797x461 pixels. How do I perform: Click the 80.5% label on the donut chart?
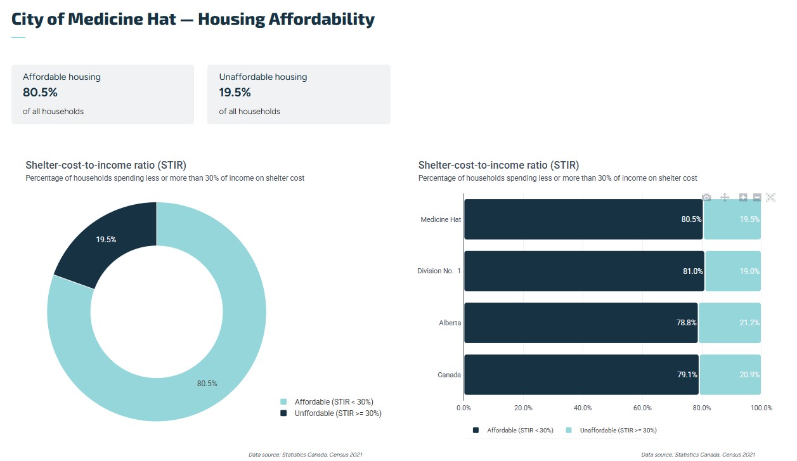tap(207, 384)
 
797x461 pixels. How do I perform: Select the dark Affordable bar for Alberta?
tap(580, 323)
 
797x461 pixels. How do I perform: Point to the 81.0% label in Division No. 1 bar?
tap(692, 271)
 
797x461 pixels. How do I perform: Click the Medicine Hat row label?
tap(441, 219)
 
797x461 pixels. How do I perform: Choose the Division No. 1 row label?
tap(439, 271)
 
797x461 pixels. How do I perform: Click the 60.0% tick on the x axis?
tap(642, 408)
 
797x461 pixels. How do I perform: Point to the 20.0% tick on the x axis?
tap(523, 408)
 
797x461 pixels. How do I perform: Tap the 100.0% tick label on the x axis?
tap(761, 408)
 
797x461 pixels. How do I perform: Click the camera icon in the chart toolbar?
tap(707, 197)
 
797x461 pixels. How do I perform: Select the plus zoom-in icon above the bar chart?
tap(743, 197)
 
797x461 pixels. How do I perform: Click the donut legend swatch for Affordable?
tap(283, 402)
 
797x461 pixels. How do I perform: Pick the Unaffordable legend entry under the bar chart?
tap(611, 431)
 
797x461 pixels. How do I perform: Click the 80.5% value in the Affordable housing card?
tap(41, 93)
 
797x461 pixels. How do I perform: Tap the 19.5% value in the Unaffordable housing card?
tap(235, 93)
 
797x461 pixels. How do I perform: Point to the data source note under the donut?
tap(305, 455)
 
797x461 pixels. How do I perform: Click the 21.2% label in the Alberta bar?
tap(749, 323)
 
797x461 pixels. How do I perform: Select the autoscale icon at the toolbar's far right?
tap(770, 197)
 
